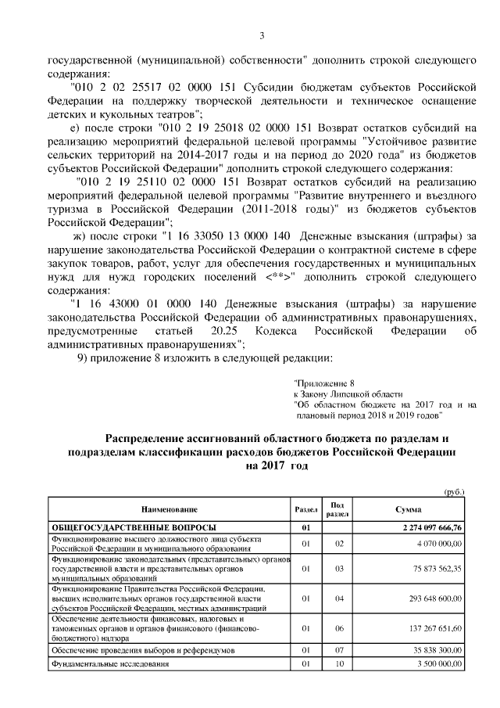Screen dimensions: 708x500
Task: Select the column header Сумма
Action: (409, 509)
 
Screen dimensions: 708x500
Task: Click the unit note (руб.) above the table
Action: (453, 492)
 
